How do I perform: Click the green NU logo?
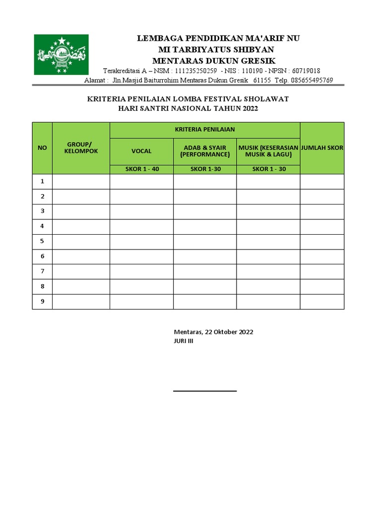pyautogui.click(x=61, y=54)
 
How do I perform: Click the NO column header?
pyautogui.click(x=42, y=148)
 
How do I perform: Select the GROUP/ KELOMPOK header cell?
pyautogui.click(x=81, y=148)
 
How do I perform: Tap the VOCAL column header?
pyautogui.click(x=141, y=151)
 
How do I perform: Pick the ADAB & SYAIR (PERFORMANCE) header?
pyautogui.click(x=205, y=151)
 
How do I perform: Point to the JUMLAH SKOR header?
pyautogui.click(x=322, y=148)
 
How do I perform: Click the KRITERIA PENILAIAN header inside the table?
pyautogui.click(x=205, y=130)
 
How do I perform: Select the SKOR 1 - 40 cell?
pyautogui.click(x=141, y=169)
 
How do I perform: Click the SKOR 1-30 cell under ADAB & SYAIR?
pyautogui.click(x=205, y=169)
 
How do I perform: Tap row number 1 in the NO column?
pyautogui.click(x=43, y=181)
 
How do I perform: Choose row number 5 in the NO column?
pyautogui.click(x=43, y=241)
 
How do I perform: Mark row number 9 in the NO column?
pyautogui.click(x=43, y=301)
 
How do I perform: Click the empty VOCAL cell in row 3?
pyautogui.click(x=141, y=211)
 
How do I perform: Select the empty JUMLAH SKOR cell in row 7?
pyautogui.click(x=322, y=271)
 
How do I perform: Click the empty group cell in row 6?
pyautogui.click(x=81, y=256)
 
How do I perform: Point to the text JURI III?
pyautogui.click(x=184, y=341)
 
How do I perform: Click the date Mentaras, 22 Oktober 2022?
pyautogui.click(x=213, y=332)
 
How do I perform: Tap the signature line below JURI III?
pyautogui.click(x=205, y=391)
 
